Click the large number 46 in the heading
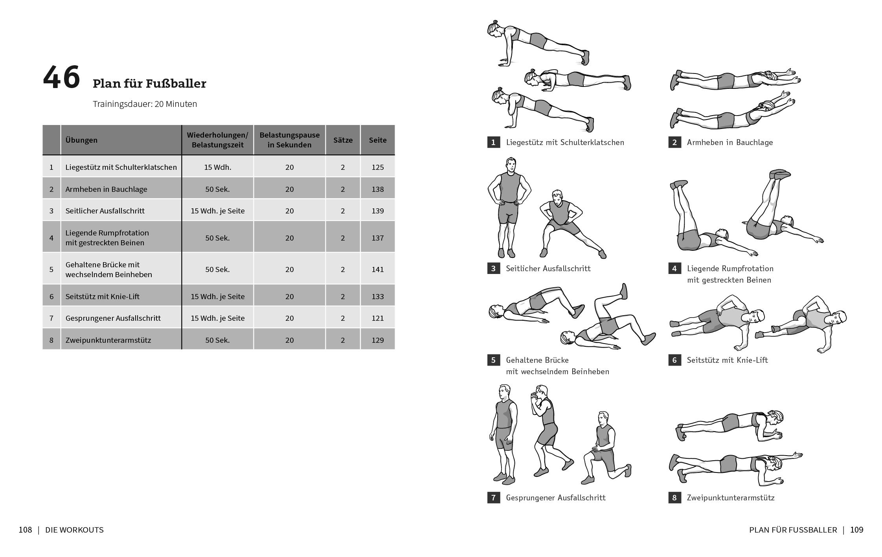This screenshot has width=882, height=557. coord(61,77)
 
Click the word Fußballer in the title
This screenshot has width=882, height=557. coord(176,84)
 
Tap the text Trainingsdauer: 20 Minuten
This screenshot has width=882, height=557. coord(145,104)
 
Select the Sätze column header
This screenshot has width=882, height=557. coord(343,140)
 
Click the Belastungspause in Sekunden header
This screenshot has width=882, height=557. coord(289,140)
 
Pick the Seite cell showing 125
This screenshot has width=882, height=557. coord(377,167)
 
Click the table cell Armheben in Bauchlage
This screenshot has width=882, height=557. coord(106,189)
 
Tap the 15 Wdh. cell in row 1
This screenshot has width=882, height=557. coord(217,167)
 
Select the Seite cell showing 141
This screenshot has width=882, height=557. coord(377,269)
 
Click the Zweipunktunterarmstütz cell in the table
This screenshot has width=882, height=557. coord(108,340)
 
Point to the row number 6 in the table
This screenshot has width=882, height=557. coord(51,296)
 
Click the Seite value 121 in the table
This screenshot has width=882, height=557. coord(377,318)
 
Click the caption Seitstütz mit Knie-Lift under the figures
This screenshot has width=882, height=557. coord(727,360)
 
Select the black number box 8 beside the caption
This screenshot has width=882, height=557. coord(674,498)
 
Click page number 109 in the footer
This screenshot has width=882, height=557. coord(856,530)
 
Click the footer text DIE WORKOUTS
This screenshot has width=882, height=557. coord(74,530)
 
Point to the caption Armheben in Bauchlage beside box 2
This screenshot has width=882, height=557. coord(729,142)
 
